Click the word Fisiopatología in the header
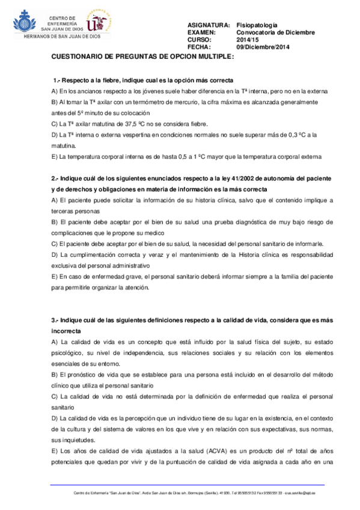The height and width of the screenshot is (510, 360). pos(257,25)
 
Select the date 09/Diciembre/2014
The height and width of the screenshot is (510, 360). pos(263,46)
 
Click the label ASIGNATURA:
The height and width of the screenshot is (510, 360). pos(209,25)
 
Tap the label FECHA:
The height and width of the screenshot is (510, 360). pos(199,46)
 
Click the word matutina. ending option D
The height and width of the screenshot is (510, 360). pos(64,146)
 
